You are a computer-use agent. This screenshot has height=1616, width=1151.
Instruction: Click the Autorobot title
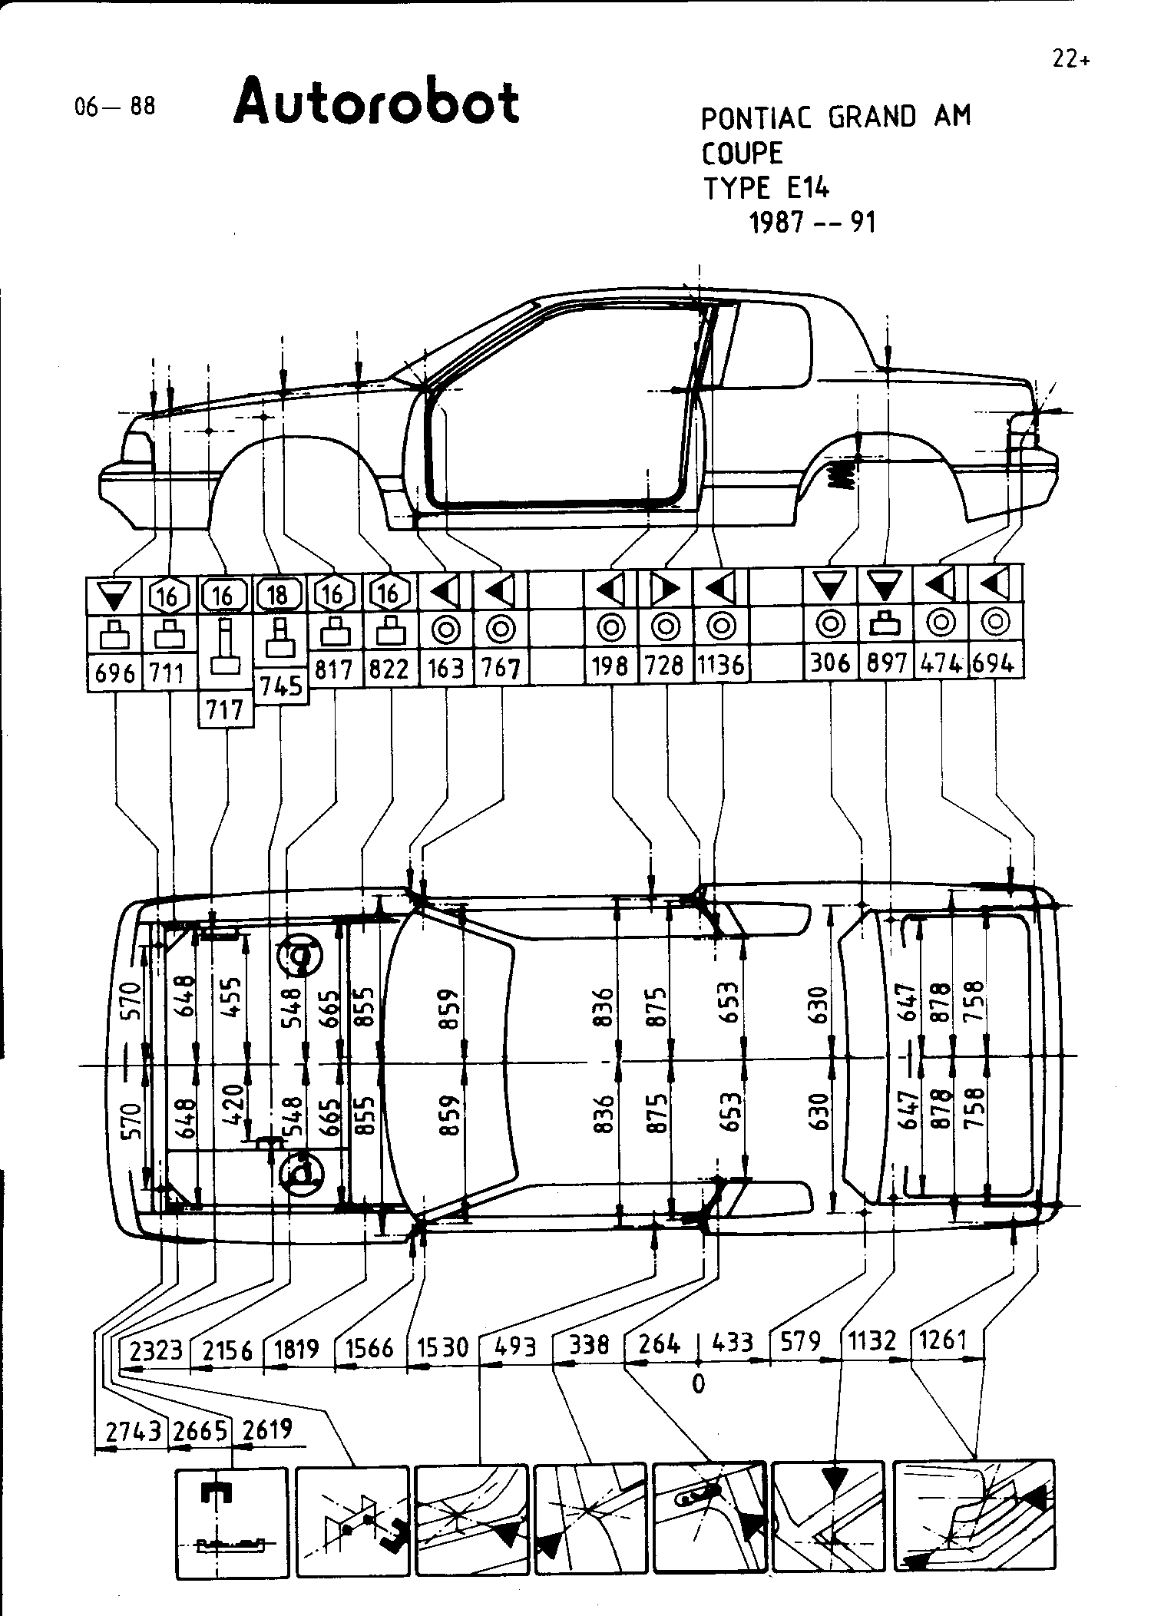click(376, 103)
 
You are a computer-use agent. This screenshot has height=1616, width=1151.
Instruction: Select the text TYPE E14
click(766, 188)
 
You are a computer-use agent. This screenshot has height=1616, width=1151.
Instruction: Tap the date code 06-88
click(114, 106)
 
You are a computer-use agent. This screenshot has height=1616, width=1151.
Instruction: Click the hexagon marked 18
click(277, 594)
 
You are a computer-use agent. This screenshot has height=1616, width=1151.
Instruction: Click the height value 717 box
click(226, 709)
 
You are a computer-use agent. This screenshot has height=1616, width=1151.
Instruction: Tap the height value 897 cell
click(886, 663)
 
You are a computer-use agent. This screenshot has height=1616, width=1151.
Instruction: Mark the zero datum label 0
click(698, 1383)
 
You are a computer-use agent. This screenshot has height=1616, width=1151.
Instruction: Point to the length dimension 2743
click(133, 1431)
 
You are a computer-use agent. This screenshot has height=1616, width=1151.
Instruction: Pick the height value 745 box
click(281, 686)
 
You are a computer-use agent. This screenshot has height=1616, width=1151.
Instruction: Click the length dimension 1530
click(442, 1347)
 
